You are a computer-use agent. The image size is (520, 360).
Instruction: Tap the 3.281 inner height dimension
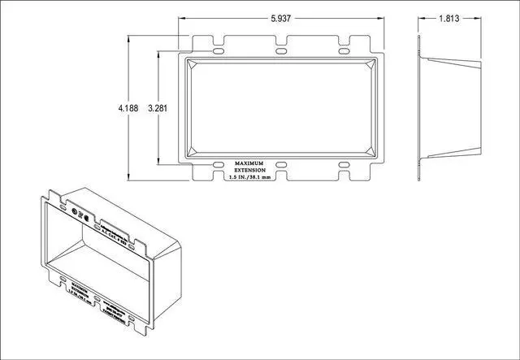160,106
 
